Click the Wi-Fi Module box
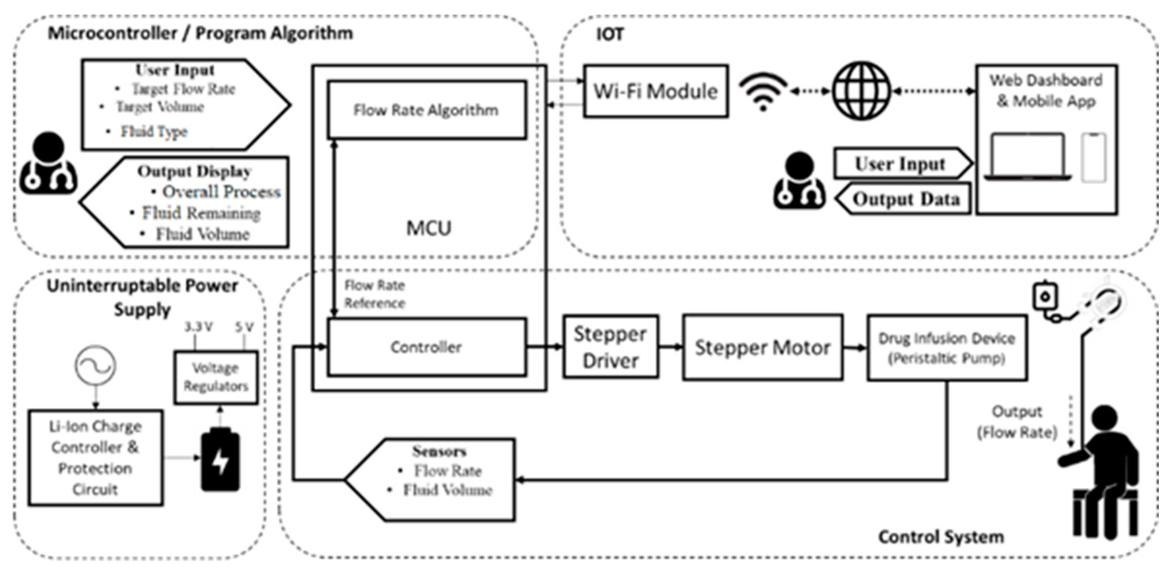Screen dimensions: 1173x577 (x=655, y=91)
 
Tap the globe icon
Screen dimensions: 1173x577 (x=861, y=91)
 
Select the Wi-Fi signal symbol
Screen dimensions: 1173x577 (x=763, y=91)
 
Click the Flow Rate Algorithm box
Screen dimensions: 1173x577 (x=427, y=110)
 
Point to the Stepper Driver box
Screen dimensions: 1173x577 (x=610, y=347)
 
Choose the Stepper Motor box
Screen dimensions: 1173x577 (x=762, y=347)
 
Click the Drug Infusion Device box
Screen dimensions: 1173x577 (x=947, y=348)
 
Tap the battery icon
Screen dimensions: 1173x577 (x=220, y=459)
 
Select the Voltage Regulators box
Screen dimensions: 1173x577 (x=216, y=377)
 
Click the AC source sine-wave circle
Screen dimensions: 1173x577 (x=96, y=366)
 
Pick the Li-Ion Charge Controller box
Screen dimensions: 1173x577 (x=95, y=458)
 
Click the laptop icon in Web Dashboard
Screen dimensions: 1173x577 (x=1028, y=157)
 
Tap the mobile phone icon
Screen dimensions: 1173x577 (x=1094, y=157)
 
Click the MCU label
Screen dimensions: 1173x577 (x=429, y=228)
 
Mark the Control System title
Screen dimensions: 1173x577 (x=941, y=537)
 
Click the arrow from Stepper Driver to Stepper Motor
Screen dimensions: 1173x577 (x=671, y=347)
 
